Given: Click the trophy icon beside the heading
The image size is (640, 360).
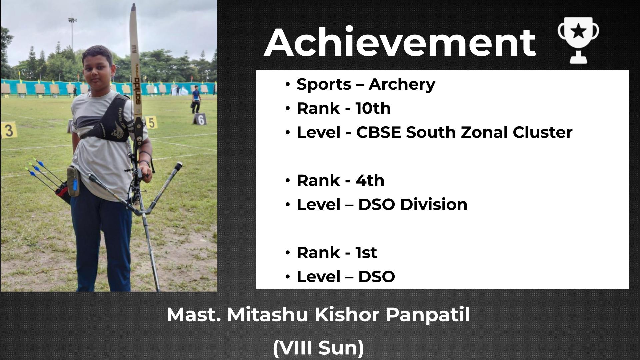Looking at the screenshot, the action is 578,40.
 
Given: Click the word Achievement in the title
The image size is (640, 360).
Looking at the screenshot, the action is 400,43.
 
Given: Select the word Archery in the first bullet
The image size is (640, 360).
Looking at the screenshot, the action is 402,84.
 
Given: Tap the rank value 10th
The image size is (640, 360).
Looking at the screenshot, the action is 373,108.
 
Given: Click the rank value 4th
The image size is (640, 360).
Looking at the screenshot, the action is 370,180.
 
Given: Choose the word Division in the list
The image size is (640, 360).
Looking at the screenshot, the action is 434,204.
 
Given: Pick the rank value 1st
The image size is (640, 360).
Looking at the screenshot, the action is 366,252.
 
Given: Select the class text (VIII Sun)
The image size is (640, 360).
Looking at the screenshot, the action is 318,348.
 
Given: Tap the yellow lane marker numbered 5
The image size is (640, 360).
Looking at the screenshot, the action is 151,122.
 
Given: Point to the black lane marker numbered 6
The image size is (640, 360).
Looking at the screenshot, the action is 200,119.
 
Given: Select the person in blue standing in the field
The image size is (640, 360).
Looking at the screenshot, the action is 196,99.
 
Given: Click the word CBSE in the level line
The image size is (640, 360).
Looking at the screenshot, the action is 379,132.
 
